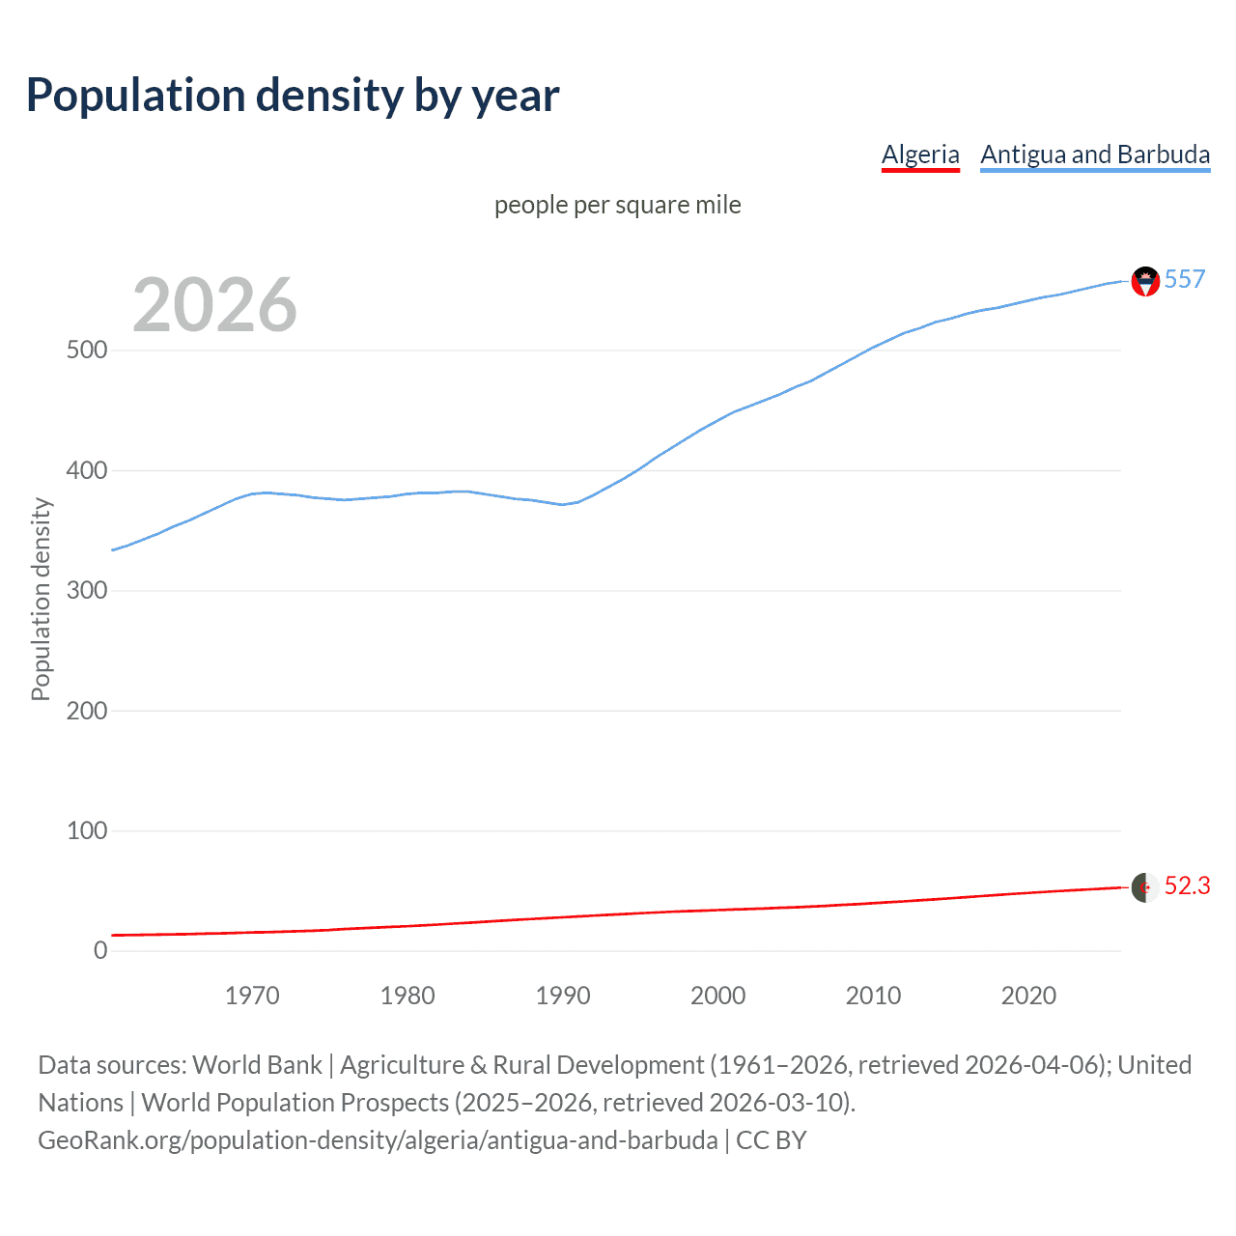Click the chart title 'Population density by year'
tap(293, 96)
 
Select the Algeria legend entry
tap(920, 154)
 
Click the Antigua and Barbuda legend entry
tap(1095, 154)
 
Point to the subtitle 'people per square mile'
tap(617, 205)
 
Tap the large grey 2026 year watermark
tap(214, 305)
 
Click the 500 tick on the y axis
tap(87, 350)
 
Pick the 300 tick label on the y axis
tap(87, 590)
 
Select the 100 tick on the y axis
tap(87, 830)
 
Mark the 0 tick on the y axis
tap(100, 950)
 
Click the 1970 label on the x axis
tap(252, 996)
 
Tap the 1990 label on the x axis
tap(563, 996)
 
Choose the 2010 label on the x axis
tap(873, 996)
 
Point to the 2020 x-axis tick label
tap(1028, 996)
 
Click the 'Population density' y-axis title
tap(41, 599)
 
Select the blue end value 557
tap(1184, 279)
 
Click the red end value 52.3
tap(1187, 885)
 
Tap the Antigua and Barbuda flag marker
tap(1145, 281)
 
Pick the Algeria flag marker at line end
tap(1145, 887)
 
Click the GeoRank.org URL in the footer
tap(378, 1140)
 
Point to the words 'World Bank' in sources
tap(257, 1065)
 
